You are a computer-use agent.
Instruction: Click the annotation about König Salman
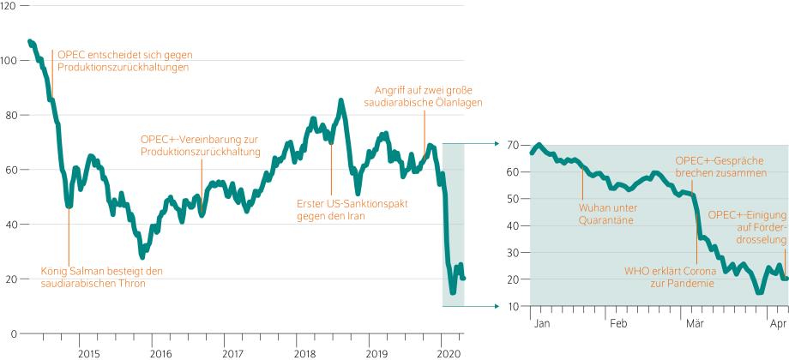101,277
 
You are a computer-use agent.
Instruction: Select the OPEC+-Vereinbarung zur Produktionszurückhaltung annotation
200,145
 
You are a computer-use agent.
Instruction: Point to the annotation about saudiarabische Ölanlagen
424,96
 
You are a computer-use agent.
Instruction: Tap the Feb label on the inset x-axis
618,349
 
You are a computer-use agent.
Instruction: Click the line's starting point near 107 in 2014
30,41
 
